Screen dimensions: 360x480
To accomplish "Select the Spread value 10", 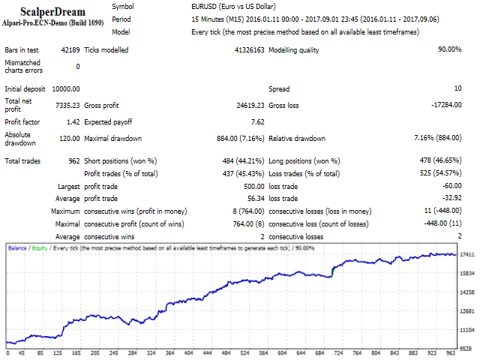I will click(457, 88).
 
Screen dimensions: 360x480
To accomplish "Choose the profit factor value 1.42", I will click(72, 121).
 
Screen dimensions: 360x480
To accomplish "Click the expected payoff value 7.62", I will click(256, 121).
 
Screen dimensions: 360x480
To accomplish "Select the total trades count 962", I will click(73, 160).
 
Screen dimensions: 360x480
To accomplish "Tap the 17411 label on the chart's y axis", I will click(466, 255).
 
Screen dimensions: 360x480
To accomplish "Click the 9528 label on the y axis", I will click(466, 349).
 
